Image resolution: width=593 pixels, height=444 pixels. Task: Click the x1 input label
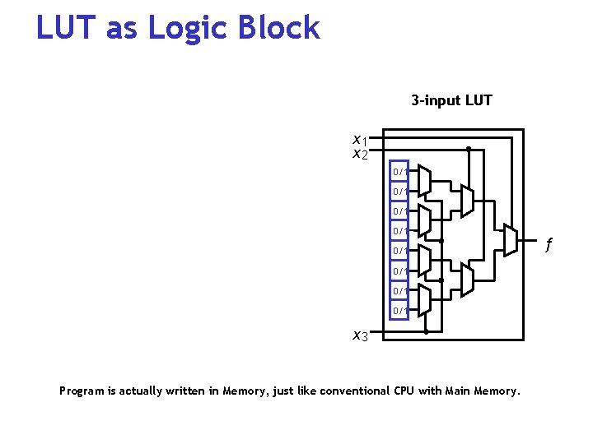(359, 140)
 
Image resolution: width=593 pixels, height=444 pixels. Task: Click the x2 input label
(359, 154)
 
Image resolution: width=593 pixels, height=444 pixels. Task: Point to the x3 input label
(360, 335)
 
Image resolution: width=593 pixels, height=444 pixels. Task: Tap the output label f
(549, 244)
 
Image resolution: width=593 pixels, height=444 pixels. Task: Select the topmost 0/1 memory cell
(399, 172)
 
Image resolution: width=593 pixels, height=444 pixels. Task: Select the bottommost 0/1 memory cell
(399, 310)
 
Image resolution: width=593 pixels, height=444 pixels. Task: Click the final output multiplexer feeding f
(510, 239)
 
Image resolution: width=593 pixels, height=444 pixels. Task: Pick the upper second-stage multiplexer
(467, 200)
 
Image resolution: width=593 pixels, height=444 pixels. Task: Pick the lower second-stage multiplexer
(467, 280)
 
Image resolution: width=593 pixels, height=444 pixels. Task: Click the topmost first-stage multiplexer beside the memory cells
(424, 180)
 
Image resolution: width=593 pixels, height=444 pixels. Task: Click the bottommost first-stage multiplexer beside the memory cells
(424, 300)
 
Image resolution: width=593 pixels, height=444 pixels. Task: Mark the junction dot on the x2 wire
(468, 150)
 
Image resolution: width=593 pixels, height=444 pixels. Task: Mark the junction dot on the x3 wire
(425, 332)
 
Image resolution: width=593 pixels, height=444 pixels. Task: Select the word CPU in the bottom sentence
(399, 391)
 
